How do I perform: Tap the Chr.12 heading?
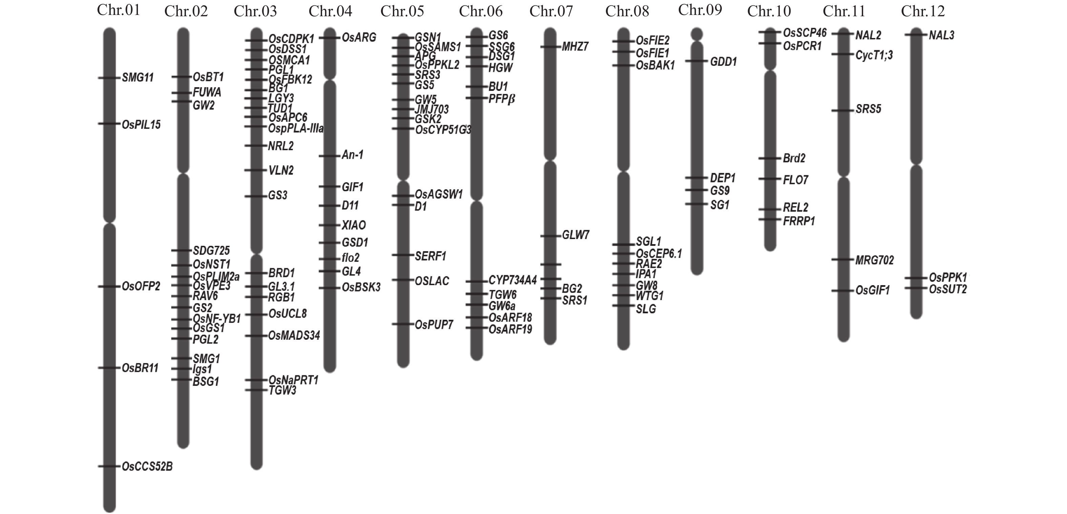[x=923, y=11]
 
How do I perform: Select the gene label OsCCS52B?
[x=147, y=467]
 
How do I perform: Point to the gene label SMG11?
[x=138, y=78]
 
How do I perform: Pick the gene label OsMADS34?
[x=294, y=335]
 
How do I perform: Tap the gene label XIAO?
[x=354, y=225]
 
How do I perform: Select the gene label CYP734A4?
[x=513, y=281]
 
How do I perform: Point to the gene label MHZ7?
[x=575, y=46]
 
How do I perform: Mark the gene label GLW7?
[x=576, y=235]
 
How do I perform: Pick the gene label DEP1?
[x=723, y=178]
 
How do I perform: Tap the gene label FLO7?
[x=795, y=180]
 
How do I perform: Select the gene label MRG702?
[x=874, y=260]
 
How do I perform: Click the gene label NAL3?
[x=941, y=35]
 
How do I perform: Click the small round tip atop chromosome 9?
[x=697, y=34]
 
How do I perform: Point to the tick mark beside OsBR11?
[x=109, y=368]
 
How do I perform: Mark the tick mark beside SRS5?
[x=843, y=111]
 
